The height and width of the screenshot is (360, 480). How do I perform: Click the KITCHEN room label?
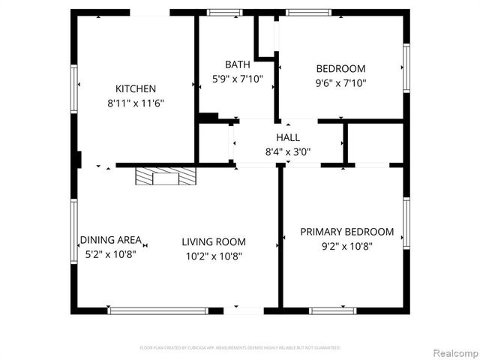pyautogui.click(x=136, y=88)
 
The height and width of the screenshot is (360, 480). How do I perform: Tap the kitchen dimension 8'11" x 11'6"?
pyautogui.click(x=136, y=103)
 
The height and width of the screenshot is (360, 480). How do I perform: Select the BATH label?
pyautogui.click(x=237, y=64)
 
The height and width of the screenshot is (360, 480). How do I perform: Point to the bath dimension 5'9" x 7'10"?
pyautogui.click(x=237, y=78)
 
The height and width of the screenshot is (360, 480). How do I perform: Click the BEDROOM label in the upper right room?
pyautogui.click(x=341, y=69)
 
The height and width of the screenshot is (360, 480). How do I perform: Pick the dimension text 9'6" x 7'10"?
pyautogui.click(x=341, y=83)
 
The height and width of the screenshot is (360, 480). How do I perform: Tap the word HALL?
pyautogui.click(x=288, y=137)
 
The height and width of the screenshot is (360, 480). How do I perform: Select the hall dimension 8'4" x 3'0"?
pyautogui.click(x=288, y=151)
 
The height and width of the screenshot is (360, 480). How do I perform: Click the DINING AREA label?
pyautogui.click(x=111, y=240)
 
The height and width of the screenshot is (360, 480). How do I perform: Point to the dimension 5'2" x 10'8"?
pyautogui.click(x=111, y=253)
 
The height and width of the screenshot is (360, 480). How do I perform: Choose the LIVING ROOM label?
pyautogui.click(x=214, y=241)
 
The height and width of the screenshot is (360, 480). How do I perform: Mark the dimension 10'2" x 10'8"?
pyautogui.click(x=214, y=256)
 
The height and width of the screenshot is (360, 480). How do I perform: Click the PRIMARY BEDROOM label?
pyautogui.click(x=347, y=232)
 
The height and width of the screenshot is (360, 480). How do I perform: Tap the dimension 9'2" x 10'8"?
pyautogui.click(x=347, y=246)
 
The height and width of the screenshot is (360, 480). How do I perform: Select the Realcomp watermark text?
pyautogui.click(x=454, y=352)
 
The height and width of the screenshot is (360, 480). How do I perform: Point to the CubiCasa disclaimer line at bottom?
pyautogui.click(x=240, y=348)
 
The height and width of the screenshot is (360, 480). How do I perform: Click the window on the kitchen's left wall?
pyautogui.click(x=74, y=88)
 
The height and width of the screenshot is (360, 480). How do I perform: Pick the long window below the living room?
pyautogui.click(x=158, y=310)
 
